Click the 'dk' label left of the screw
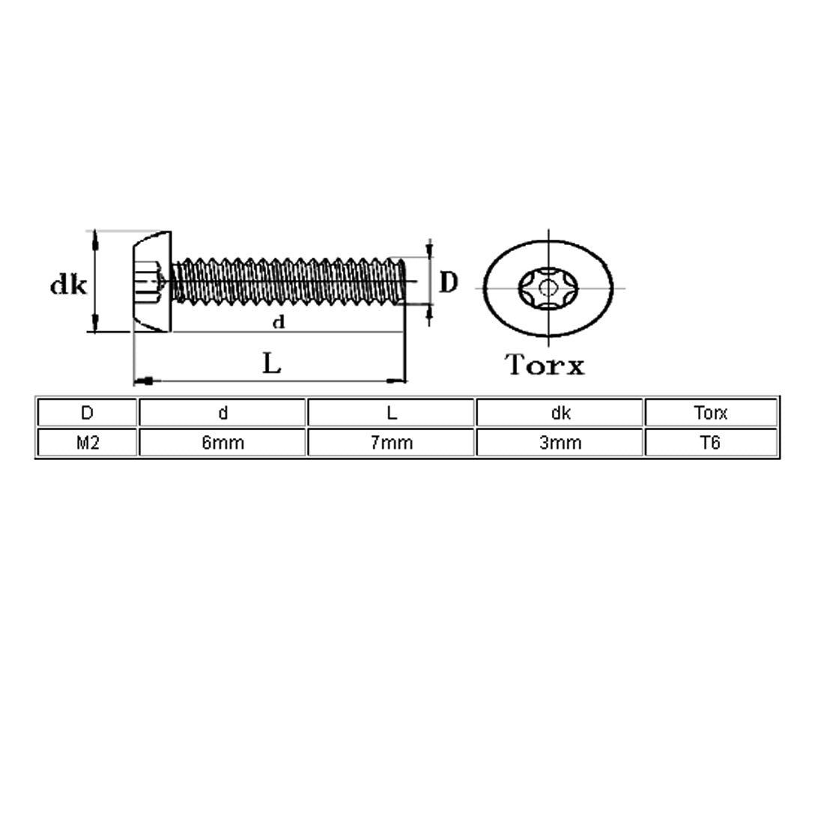click(x=68, y=285)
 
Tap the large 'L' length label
click(x=271, y=364)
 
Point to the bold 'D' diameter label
click(x=448, y=282)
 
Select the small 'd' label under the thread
click(x=278, y=323)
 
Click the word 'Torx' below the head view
click(x=545, y=365)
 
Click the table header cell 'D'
click(x=87, y=413)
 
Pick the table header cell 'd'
click(x=222, y=413)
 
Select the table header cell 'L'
click(x=391, y=413)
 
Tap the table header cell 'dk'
click(x=560, y=413)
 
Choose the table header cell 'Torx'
click(x=710, y=413)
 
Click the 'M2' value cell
click(x=87, y=442)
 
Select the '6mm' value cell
click(x=222, y=442)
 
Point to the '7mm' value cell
click(x=391, y=442)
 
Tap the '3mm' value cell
click(x=560, y=442)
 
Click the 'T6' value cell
click(x=710, y=442)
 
